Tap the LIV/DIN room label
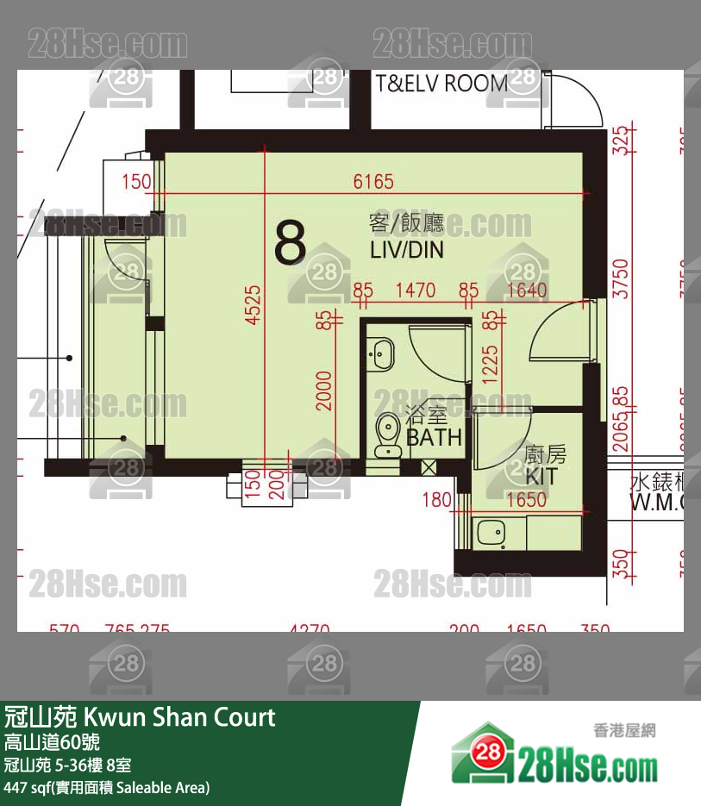(x=406, y=251)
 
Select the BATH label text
(x=434, y=437)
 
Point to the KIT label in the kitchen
(x=541, y=476)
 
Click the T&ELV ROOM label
(x=441, y=84)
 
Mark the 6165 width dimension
(x=373, y=182)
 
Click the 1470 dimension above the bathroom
(x=415, y=291)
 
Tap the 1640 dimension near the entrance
(x=527, y=291)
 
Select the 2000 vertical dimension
(x=323, y=391)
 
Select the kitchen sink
(x=492, y=534)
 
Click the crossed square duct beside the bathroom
(x=429, y=466)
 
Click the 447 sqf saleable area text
(x=107, y=787)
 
